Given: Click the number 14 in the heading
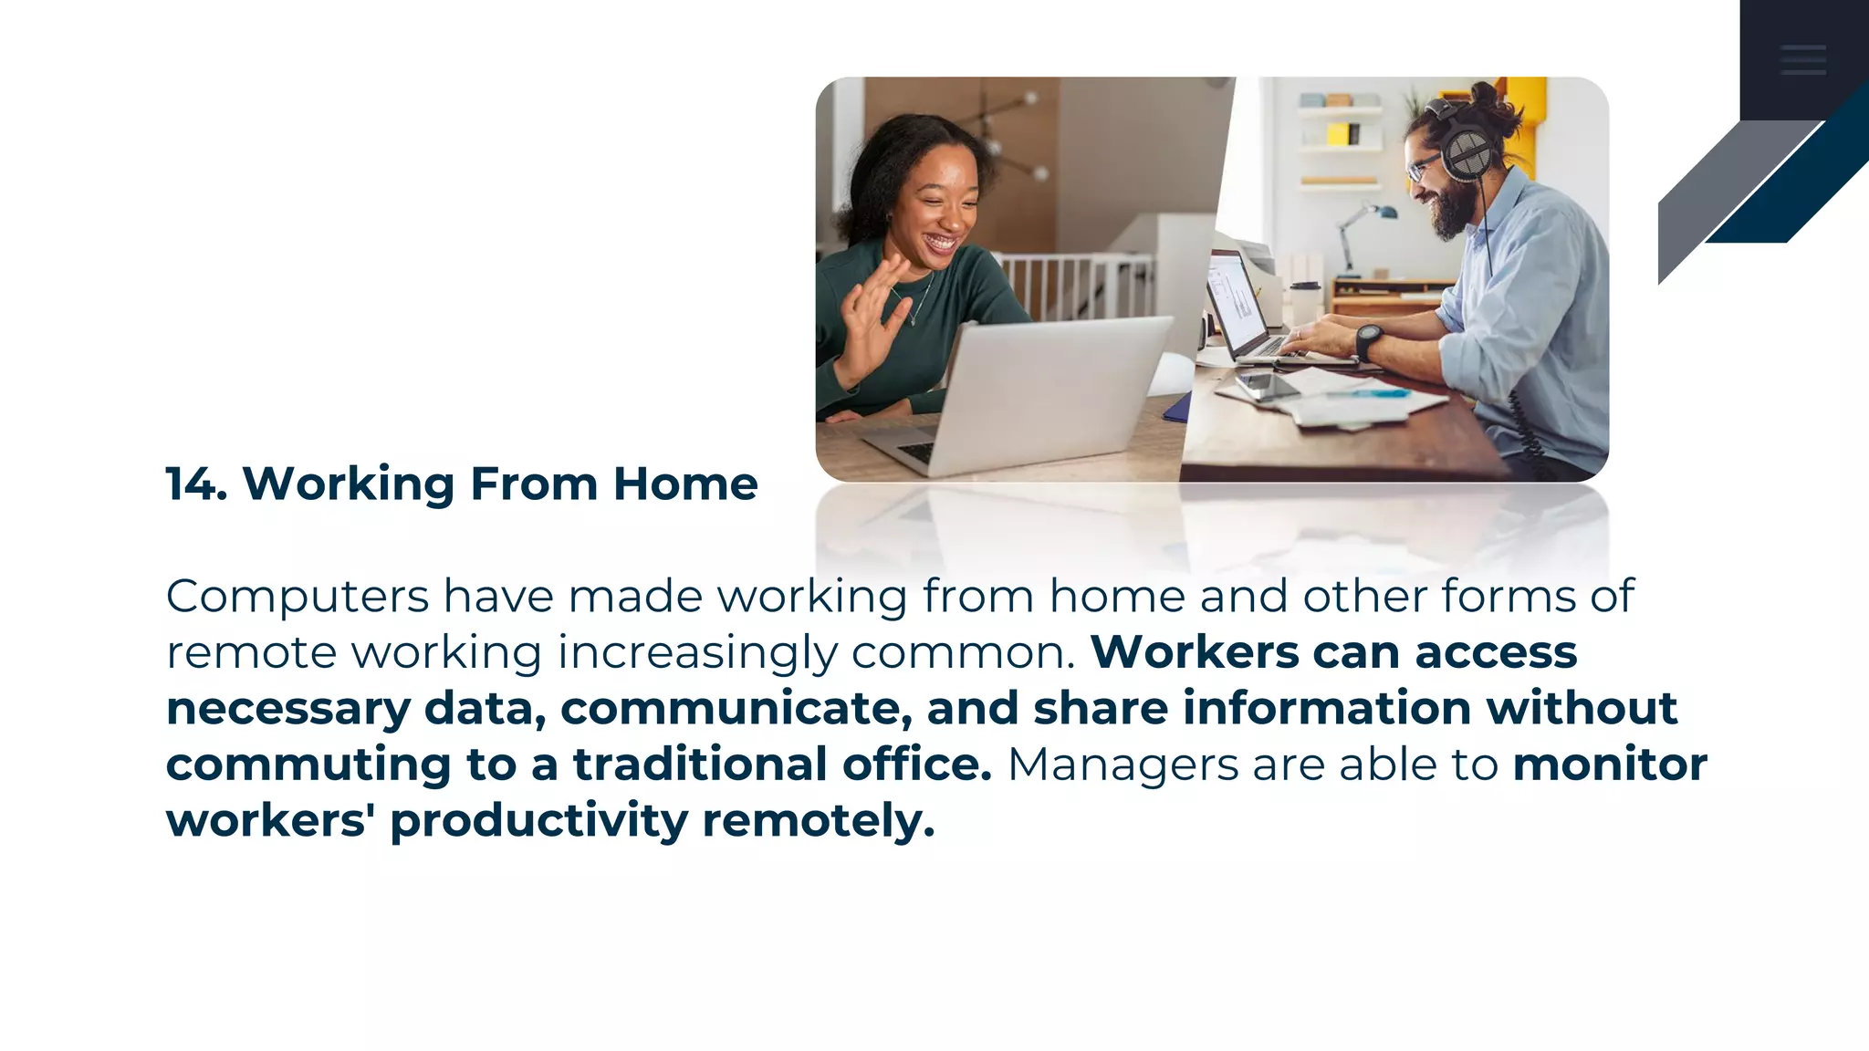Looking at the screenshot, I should [194, 484].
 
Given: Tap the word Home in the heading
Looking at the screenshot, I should [685, 484].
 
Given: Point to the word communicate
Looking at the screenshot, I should [736, 709].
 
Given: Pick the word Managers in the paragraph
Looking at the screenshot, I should [1122, 765].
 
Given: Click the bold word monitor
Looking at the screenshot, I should [1610, 765].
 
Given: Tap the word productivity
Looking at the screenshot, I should [538, 821].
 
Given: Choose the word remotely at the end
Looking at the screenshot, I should [819, 821].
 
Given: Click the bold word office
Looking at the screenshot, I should [916, 765].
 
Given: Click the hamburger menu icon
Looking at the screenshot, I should [1802, 59].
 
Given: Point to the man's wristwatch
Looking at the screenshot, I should [1366, 341].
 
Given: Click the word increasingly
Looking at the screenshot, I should [697, 653].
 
